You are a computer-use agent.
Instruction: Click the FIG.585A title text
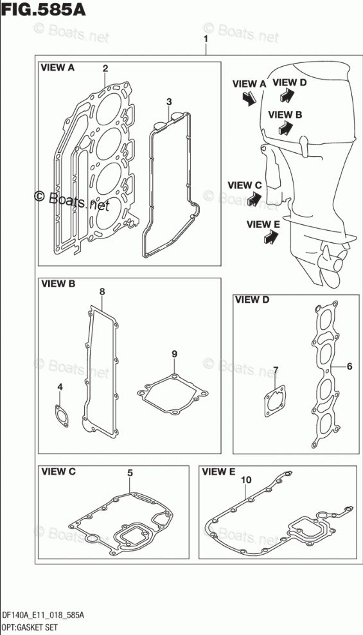tap(43, 10)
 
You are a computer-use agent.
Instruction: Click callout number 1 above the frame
tap(206, 39)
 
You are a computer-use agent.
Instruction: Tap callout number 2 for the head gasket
tap(105, 68)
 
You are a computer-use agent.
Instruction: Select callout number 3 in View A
tap(169, 102)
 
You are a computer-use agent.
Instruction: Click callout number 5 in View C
tap(130, 472)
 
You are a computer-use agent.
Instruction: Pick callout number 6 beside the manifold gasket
tap(350, 366)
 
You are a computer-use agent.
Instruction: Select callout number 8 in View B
tap(102, 291)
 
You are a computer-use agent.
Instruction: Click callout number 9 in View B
tap(174, 354)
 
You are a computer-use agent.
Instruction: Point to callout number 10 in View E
tap(246, 480)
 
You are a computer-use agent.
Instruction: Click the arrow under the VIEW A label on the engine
tap(249, 98)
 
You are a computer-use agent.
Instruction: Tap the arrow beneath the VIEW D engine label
tap(287, 94)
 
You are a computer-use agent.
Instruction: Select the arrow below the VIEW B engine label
tap(286, 128)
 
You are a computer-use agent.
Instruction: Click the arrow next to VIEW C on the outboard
tap(254, 199)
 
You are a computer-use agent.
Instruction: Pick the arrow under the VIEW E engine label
tap(270, 237)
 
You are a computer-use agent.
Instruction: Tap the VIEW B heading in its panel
tap(58, 284)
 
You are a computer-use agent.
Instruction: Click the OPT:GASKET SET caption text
tap(29, 628)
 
